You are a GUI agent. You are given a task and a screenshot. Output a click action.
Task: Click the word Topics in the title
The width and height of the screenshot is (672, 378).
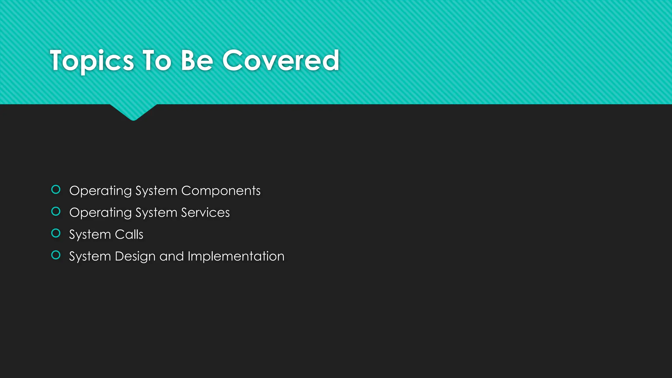92,61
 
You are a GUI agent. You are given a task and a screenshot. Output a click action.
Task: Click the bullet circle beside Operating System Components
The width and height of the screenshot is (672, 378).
56,190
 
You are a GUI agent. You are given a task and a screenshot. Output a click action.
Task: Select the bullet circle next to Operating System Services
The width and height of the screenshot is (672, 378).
56,212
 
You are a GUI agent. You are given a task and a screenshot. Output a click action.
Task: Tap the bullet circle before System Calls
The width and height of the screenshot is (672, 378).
56,233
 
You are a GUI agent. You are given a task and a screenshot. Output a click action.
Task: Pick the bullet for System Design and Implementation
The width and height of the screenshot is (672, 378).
56,255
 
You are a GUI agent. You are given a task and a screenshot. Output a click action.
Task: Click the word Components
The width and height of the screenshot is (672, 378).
221,191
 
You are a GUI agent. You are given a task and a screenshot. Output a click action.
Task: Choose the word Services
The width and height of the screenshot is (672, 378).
205,213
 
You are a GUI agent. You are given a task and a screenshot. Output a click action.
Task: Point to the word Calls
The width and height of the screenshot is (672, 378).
129,235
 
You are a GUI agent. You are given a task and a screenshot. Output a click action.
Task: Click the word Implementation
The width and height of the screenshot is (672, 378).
236,257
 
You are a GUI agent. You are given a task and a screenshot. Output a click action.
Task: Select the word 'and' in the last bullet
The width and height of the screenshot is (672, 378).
172,257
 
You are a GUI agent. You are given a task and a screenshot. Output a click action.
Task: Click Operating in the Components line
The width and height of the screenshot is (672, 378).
100,191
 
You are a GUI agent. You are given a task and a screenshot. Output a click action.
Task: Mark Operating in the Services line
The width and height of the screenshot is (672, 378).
100,213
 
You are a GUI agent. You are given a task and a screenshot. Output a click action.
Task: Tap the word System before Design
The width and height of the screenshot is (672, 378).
90,257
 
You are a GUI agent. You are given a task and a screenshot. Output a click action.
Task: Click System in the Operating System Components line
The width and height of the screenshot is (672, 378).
156,191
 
